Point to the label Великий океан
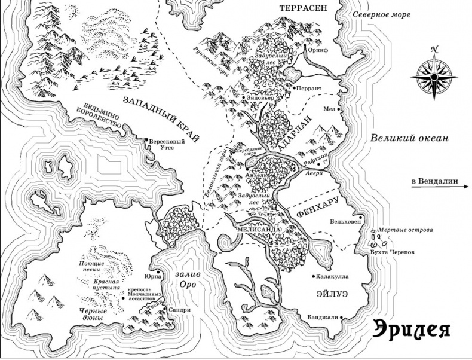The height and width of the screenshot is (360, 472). [x=408, y=138]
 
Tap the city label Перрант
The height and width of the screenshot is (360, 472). [x=311, y=89]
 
